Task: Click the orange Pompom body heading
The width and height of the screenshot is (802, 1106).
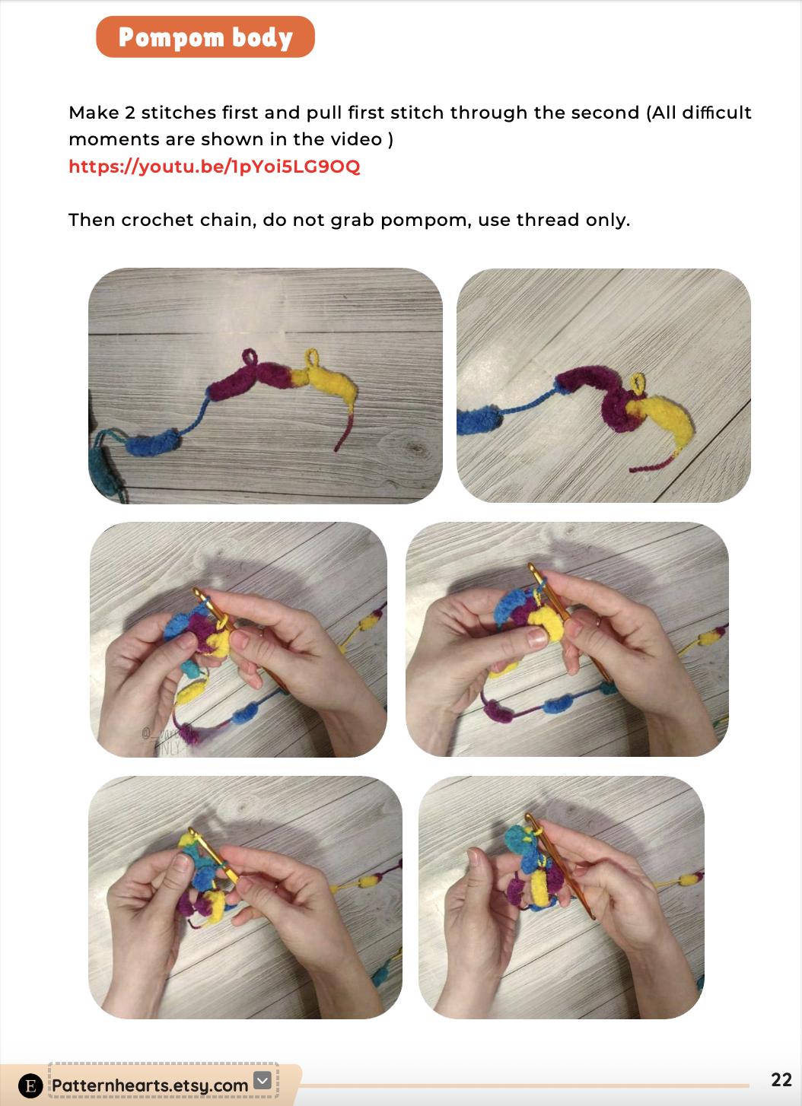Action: [205, 37]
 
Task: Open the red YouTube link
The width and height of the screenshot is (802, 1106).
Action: [215, 167]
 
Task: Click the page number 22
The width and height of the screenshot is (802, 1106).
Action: [781, 1079]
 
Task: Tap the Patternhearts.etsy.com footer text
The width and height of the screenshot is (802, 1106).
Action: [150, 1085]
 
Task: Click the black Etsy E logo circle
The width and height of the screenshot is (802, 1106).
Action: [30, 1085]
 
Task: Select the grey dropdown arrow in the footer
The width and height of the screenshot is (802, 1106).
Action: [263, 1079]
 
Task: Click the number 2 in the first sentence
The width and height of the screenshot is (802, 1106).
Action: [129, 113]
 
